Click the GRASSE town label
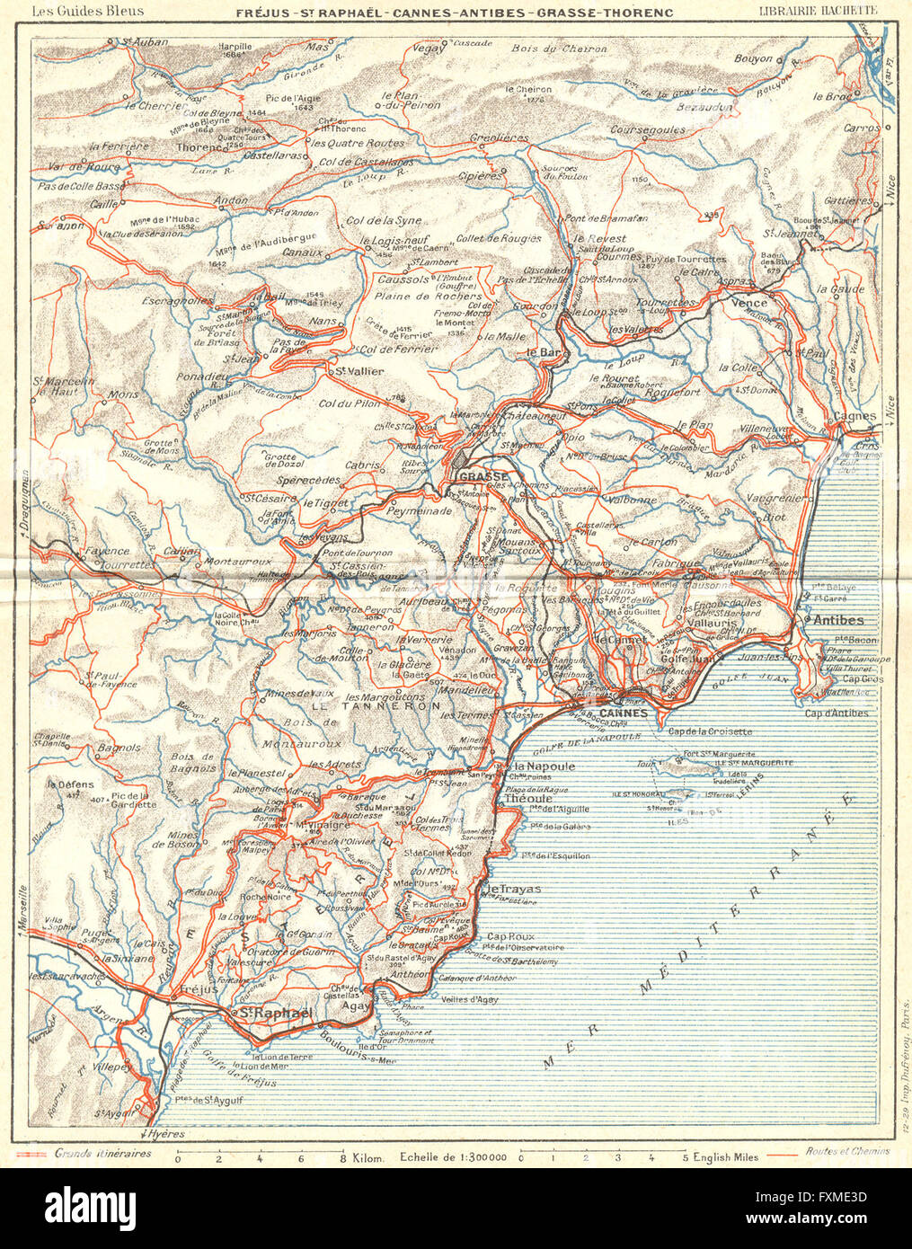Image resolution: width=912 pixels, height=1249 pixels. pos(483,476)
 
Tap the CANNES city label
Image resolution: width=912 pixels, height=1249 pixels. pos(623,713)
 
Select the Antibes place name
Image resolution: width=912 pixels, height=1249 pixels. pos(837,620)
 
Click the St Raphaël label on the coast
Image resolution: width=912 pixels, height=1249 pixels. pos(272,1014)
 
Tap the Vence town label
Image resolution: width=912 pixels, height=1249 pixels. pos(751,303)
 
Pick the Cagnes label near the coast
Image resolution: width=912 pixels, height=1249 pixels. pos(854,416)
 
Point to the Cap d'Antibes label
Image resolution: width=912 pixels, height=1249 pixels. pos(836,713)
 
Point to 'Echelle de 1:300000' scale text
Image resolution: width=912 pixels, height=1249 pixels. pos(454,1156)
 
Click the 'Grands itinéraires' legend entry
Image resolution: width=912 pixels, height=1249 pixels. pos(102,1153)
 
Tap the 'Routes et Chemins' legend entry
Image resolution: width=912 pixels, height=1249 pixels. pos(847,1151)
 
